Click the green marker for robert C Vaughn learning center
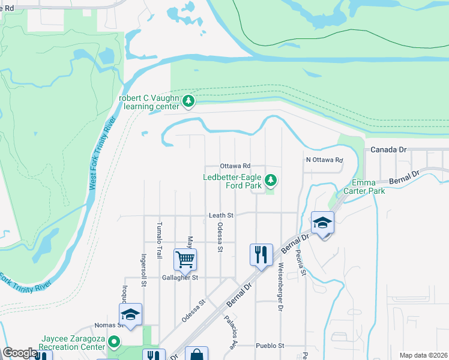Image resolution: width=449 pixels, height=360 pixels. [x=189, y=101]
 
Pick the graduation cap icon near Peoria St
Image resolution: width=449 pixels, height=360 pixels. [x=323, y=223]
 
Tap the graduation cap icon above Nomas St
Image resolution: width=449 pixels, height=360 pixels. [x=130, y=314]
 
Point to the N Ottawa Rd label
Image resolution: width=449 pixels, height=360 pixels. [x=324, y=160]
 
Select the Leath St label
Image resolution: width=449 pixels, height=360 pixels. [x=221, y=215]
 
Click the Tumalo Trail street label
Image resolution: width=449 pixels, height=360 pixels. [x=160, y=240]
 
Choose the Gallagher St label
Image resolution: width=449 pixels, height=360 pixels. [x=172, y=278]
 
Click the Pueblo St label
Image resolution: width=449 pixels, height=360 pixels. [x=270, y=346]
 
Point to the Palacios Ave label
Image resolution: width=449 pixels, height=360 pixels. [x=229, y=333]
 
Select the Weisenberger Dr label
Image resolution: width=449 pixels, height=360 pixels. [x=280, y=287]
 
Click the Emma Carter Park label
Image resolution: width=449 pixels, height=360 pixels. [x=369, y=187]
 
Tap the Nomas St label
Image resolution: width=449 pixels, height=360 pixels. [x=108, y=326]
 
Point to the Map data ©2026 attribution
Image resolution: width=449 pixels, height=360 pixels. [x=423, y=355]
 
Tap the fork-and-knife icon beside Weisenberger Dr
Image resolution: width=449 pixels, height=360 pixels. [x=261, y=254]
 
